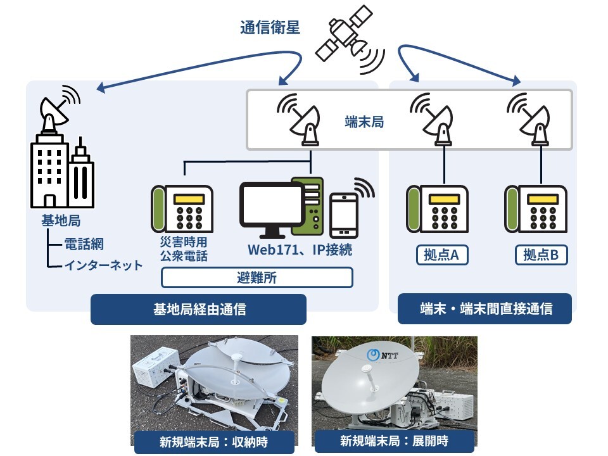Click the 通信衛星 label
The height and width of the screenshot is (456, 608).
270,28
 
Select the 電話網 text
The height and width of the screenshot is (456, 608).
84,244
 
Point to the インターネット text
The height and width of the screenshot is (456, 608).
103,265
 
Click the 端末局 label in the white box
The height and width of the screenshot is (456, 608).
364,122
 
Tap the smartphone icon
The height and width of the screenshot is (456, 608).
344,215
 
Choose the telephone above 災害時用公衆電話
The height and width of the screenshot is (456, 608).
182,209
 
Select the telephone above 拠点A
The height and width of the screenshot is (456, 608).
437,209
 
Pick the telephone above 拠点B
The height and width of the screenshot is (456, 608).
536,209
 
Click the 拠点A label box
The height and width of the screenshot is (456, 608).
442,255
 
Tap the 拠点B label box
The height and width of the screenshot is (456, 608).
541,255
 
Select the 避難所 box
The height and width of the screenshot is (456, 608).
256,277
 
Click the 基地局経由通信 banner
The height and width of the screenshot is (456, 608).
198,310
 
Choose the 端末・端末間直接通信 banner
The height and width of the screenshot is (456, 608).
484,308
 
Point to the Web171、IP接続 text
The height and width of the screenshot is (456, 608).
300,250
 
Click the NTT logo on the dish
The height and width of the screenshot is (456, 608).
383,355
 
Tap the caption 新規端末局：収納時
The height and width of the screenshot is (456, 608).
213,442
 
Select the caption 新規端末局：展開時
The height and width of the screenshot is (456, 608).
394,441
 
